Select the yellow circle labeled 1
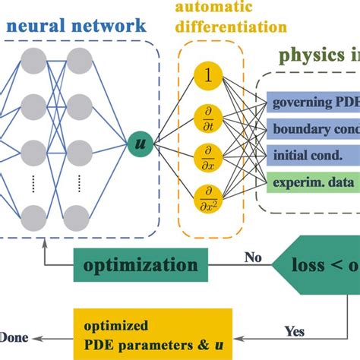pos(207,77)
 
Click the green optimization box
pos(137,267)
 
